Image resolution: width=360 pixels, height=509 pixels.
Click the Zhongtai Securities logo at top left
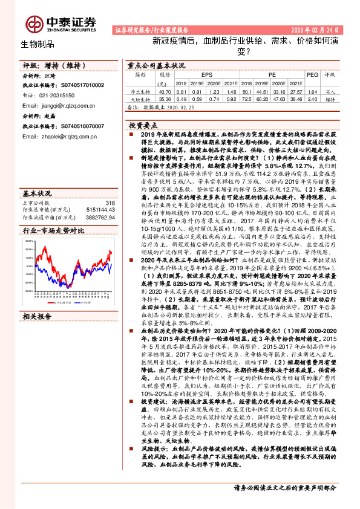click(x=61, y=23)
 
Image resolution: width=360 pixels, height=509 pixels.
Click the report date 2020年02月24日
click(x=319, y=30)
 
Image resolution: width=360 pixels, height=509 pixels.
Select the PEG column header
click(x=312, y=75)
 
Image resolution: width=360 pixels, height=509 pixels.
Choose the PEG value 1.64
click(x=312, y=90)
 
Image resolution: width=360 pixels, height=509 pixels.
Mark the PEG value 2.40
click(x=312, y=98)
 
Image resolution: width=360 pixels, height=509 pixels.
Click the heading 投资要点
click(x=143, y=123)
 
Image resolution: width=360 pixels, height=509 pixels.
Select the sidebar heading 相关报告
click(x=38, y=316)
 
